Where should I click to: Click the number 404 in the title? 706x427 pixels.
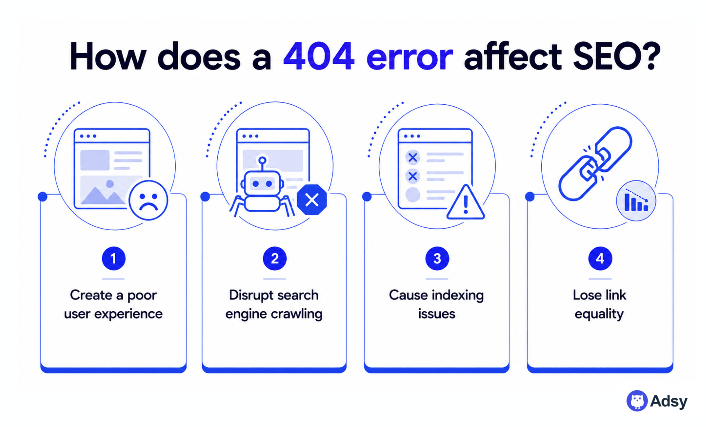[319, 56]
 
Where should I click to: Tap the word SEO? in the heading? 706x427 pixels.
[617, 56]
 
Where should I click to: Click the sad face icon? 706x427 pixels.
[148, 200]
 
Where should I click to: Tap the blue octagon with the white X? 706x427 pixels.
[312, 200]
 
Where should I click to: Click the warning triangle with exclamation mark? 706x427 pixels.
[465, 203]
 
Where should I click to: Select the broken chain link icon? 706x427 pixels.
[595, 164]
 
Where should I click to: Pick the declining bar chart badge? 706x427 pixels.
[636, 201]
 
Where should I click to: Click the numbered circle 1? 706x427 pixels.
[114, 258]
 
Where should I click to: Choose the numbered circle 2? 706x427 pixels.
[275, 258]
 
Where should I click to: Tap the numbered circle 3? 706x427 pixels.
[437, 258]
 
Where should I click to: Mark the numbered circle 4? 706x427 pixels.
[600, 258]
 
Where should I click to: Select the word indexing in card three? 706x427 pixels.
[458, 295]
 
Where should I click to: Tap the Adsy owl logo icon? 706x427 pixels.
[637, 401]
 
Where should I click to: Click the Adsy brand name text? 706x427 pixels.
[669, 401]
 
